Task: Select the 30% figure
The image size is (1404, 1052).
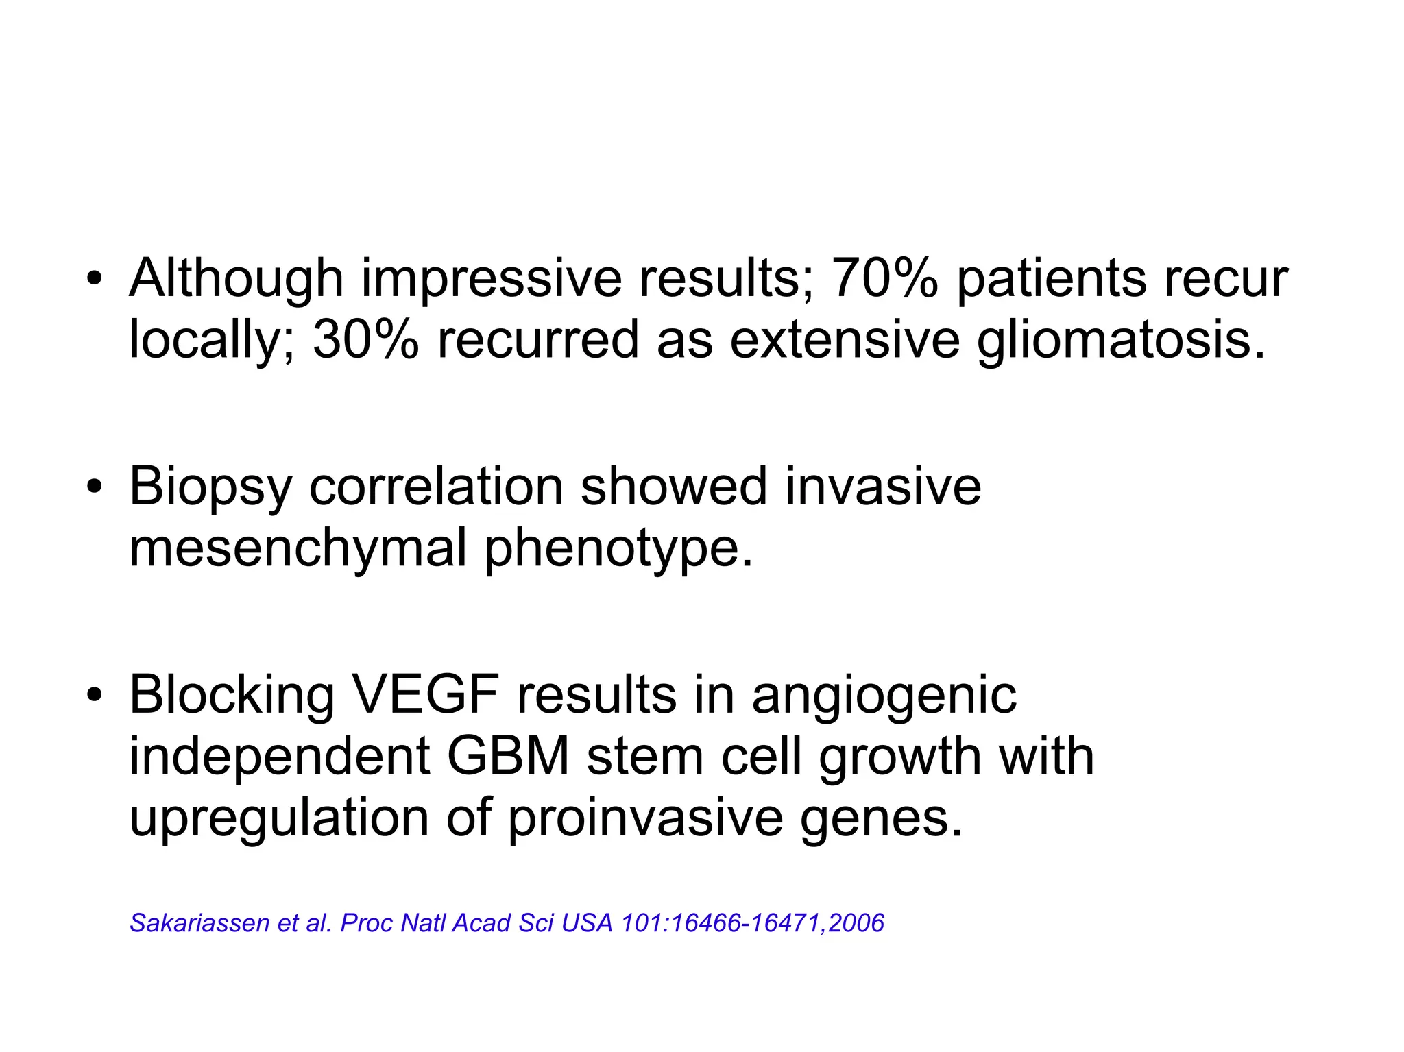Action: (x=365, y=340)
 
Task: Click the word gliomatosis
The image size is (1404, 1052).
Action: (x=1120, y=340)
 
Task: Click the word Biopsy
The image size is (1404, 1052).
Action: (x=210, y=487)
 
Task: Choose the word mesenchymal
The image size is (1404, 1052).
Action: (x=298, y=548)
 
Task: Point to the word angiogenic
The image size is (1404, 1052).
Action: (x=884, y=696)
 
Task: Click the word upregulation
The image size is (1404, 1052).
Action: (x=278, y=818)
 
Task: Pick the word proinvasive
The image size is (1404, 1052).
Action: (x=645, y=818)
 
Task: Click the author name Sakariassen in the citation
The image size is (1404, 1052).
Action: (x=199, y=923)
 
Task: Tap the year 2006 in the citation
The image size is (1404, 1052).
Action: (x=856, y=923)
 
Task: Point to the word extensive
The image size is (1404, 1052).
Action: (x=845, y=340)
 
